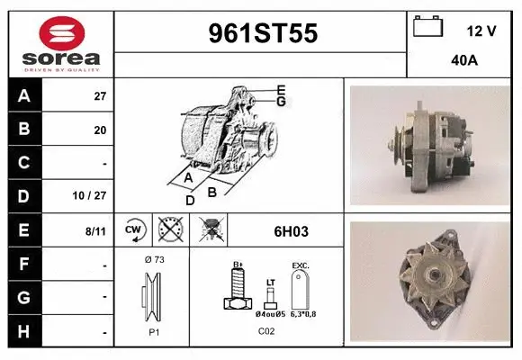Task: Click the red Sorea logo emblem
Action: [x=62, y=33]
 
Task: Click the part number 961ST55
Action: [x=263, y=33]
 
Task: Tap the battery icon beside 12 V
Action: [x=427, y=26]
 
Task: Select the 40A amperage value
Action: [x=464, y=60]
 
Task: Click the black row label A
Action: [x=24, y=95]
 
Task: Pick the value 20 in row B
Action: [x=100, y=130]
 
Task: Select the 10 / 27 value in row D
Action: [x=89, y=195]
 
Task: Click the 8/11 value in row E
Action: [x=95, y=230]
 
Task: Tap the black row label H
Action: [x=24, y=331]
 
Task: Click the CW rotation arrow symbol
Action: [x=135, y=229]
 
